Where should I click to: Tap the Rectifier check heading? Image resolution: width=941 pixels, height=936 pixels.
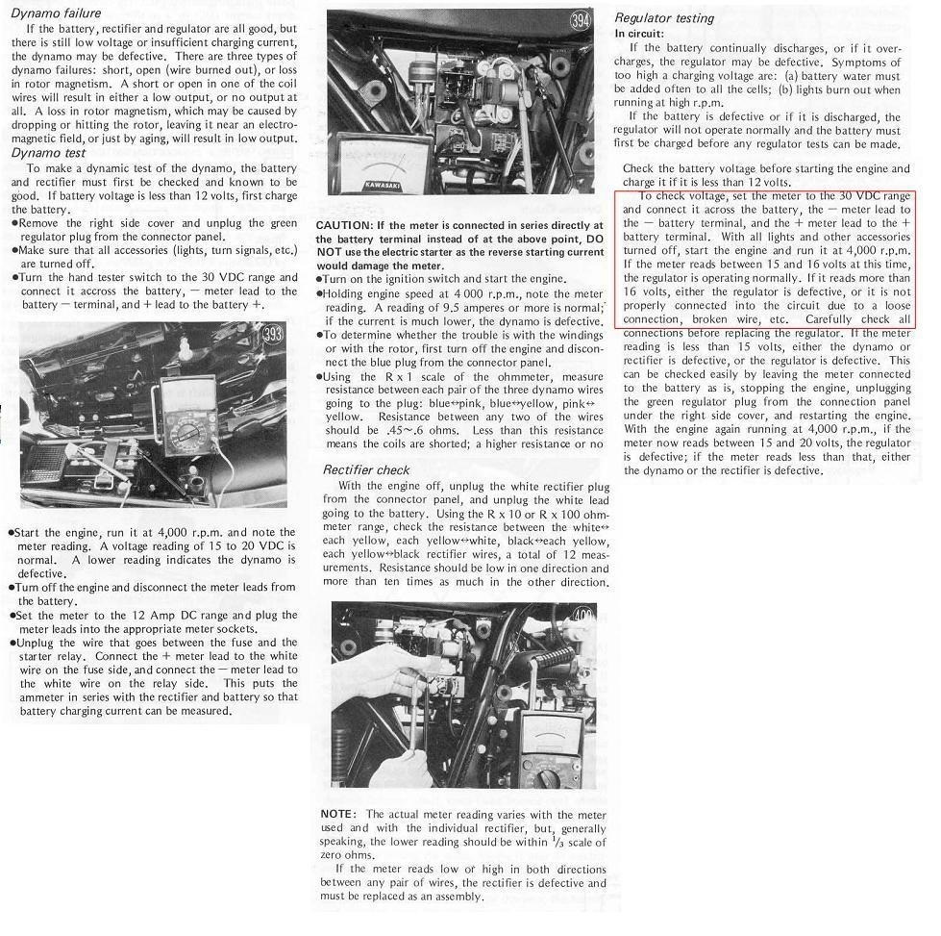[x=366, y=470]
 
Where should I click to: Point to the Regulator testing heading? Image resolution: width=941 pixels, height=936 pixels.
[x=664, y=18]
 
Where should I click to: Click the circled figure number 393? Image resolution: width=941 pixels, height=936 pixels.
[x=273, y=336]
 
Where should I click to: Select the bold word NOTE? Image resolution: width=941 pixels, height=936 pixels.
[x=338, y=814]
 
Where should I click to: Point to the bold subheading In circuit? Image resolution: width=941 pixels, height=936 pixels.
[x=640, y=34]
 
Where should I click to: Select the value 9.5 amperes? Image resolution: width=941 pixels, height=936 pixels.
[x=513, y=307]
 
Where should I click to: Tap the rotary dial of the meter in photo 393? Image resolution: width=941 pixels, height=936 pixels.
[x=185, y=438]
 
